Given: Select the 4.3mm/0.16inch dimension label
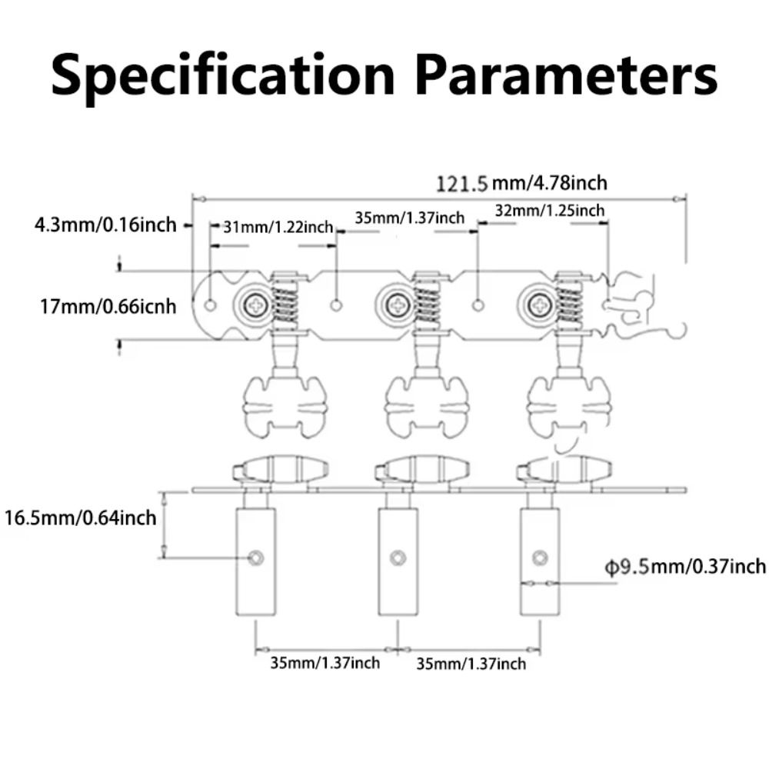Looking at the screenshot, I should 105,225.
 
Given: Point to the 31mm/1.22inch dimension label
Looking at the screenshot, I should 278,227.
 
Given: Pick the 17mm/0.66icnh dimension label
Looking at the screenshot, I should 108,306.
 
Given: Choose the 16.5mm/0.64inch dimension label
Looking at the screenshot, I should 80,517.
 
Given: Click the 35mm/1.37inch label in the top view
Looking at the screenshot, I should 410,218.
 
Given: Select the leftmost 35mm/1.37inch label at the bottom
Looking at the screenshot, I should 325,662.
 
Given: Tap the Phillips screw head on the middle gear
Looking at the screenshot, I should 399,306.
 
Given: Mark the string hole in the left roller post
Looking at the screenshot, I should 256,557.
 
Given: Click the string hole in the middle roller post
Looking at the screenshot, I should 398,557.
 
